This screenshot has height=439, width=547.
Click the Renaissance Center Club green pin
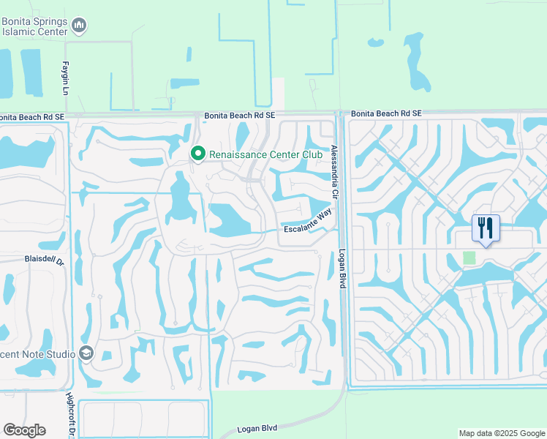tap(197, 154)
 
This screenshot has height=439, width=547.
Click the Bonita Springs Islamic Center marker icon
tap(80, 27)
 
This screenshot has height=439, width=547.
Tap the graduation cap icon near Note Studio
tap(87, 353)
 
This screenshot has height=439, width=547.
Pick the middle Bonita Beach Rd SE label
tap(240, 115)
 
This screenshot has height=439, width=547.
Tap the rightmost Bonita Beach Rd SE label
tap(386, 113)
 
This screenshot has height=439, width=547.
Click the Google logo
tap(24, 430)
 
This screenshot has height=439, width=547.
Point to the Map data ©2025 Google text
tap(502, 433)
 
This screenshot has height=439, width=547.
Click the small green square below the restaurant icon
tap(469, 258)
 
